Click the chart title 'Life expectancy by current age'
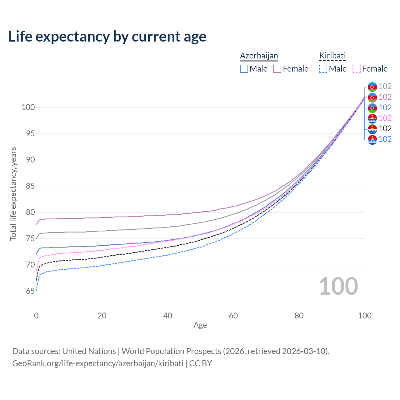(x=107, y=37)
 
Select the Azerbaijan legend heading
(x=259, y=56)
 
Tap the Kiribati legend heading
(x=332, y=56)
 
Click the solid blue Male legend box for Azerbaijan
(x=244, y=69)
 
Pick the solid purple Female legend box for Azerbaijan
(x=277, y=69)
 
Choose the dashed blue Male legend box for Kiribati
(x=323, y=69)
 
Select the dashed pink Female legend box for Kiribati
(x=357, y=69)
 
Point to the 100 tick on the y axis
(x=28, y=107)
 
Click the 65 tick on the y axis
(x=30, y=291)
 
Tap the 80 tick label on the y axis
(x=30, y=212)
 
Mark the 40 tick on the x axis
(x=167, y=316)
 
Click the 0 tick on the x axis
(x=36, y=316)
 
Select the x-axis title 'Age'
(x=200, y=325)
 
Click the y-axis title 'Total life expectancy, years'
(x=13, y=194)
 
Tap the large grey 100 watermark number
(x=338, y=286)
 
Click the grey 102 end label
(x=385, y=87)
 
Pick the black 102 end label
(x=385, y=128)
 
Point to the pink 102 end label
(x=385, y=118)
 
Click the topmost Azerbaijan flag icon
(x=372, y=87)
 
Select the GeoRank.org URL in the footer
(x=98, y=363)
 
